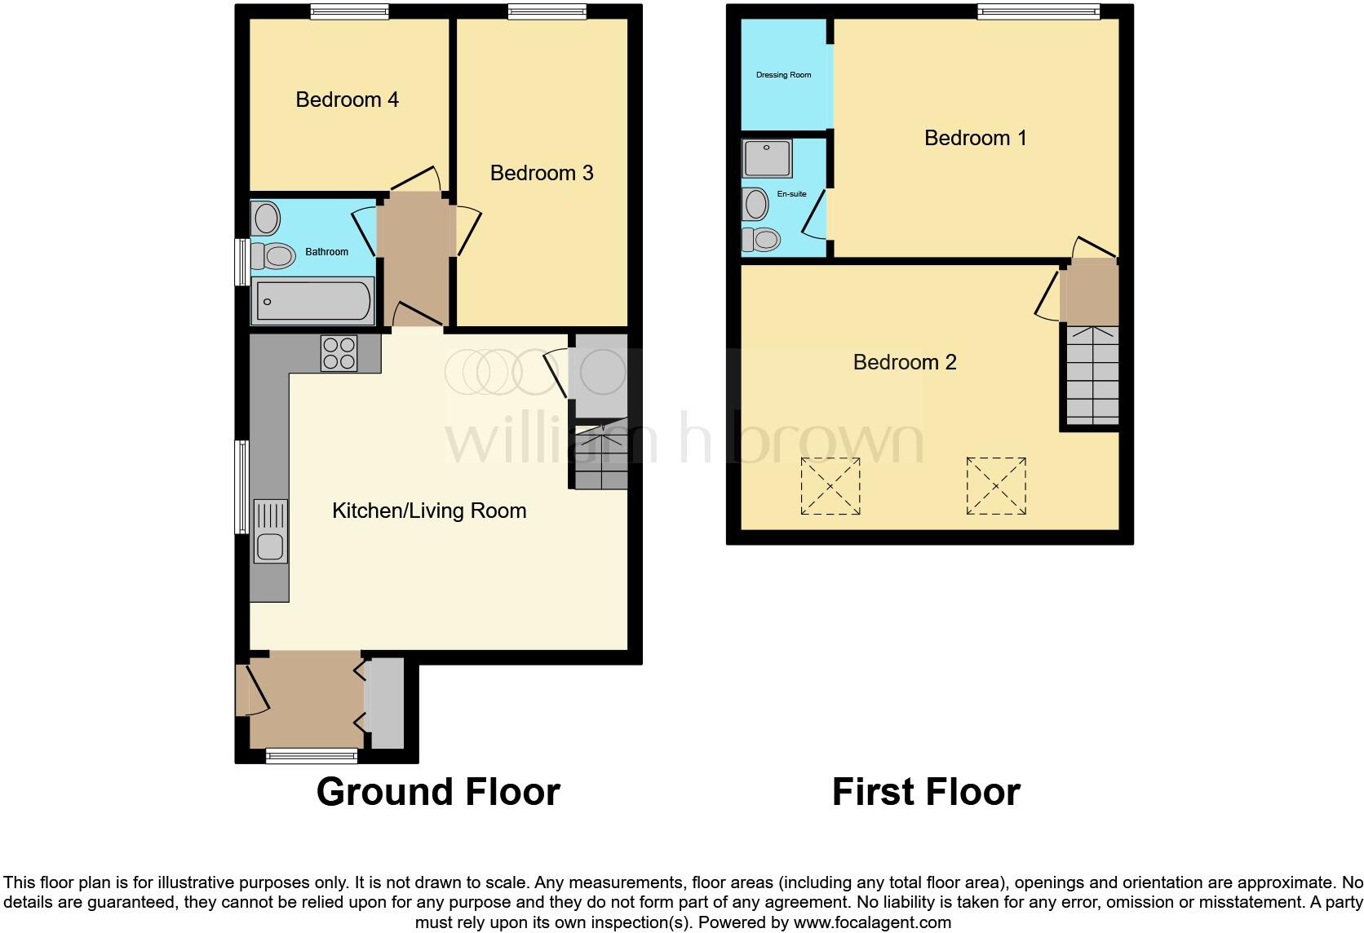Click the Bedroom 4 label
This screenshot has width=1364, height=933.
tap(347, 99)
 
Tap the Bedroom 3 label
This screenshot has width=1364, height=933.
tap(542, 173)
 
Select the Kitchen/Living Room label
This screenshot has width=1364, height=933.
tap(429, 511)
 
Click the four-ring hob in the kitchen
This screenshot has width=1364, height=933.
tap(339, 353)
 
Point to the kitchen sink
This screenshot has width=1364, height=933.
tap(270, 531)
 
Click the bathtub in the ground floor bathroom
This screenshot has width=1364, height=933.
tap(312, 301)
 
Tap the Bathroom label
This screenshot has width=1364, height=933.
tap(326, 252)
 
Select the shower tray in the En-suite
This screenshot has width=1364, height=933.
tap(767, 158)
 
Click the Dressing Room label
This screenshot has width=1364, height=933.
tap(783, 75)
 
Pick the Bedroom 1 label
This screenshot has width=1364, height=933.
tap(975, 138)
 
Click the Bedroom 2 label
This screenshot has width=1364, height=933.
tap(904, 362)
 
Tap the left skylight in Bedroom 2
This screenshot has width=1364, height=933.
tap(830, 486)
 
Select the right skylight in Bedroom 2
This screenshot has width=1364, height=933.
tap(996, 486)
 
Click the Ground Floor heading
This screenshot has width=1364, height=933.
tap(438, 792)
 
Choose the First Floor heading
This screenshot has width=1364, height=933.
tap(926, 792)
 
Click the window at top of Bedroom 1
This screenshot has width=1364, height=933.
tap(1038, 11)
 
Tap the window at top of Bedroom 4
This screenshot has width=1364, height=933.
tap(349, 11)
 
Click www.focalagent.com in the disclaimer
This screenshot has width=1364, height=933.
tap(872, 923)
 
